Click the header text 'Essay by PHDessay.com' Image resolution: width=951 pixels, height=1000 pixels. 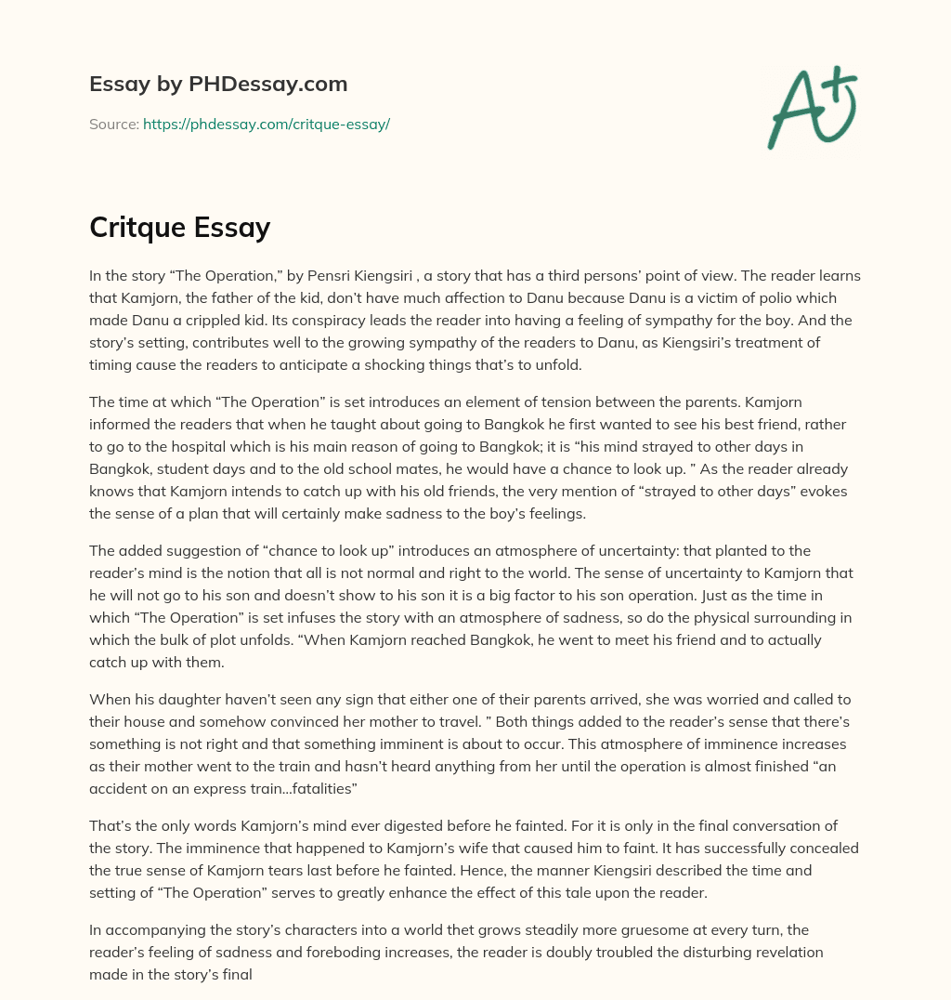click(218, 85)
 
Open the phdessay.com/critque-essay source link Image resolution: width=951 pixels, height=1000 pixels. click(266, 124)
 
